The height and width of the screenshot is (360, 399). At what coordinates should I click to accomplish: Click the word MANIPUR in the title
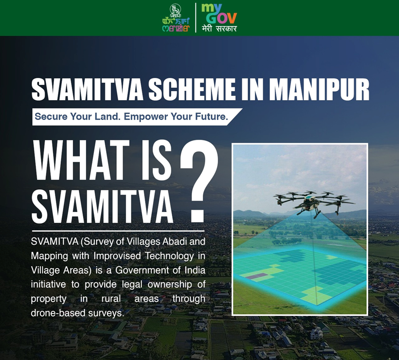tap(319, 89)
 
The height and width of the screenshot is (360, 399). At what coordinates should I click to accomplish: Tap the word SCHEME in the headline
tap(192, 89)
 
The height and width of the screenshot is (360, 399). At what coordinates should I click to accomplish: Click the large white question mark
tap(199, 181)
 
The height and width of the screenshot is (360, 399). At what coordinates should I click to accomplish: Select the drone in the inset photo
tap(314, 203)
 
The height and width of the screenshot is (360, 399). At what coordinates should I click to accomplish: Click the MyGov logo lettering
tap(219, 14)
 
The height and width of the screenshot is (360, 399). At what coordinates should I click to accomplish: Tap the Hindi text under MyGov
tap(219, 28)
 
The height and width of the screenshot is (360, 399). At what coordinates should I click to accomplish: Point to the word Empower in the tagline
tap(146, 117)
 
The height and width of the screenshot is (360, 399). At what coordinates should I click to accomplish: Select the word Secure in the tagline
tap(51, 117)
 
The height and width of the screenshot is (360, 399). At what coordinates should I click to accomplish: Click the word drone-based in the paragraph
tap(58, 313)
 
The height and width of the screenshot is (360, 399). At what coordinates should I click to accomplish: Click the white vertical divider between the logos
tap(196, 17)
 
